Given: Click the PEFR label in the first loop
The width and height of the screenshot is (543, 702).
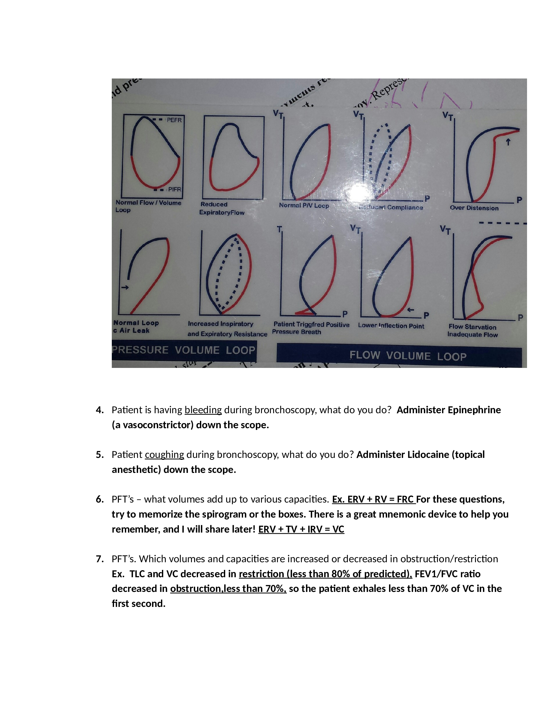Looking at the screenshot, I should point(174,120).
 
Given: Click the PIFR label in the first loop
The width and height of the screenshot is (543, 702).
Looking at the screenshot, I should point(174,189).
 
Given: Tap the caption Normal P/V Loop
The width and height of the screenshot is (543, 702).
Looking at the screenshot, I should point(304,205).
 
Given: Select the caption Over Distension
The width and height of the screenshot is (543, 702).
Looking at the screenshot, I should point(474,208).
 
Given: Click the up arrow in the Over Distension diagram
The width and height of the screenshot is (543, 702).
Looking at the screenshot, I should point(508,142).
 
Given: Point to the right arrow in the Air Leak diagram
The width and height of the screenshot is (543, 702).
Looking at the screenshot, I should point(125,287).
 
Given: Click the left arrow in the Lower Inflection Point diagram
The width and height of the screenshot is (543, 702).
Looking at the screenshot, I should point(410,310).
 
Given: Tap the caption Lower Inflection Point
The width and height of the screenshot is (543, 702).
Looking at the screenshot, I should point(391,325).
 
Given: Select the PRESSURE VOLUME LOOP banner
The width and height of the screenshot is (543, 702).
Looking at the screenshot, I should point(184,350).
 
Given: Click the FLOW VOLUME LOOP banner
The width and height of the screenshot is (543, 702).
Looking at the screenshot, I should point(408,356).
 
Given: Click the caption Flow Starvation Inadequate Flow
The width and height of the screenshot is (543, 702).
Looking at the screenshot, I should point(472,331).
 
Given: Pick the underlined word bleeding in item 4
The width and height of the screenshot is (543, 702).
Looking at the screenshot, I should point(203,410).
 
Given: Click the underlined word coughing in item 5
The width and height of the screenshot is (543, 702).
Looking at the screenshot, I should point(164,454).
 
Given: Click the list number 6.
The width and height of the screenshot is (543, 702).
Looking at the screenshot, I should point(100,499).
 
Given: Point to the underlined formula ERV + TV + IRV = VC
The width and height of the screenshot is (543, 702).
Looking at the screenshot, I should point(301,529).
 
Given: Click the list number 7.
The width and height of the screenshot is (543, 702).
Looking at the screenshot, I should point(100,559).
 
